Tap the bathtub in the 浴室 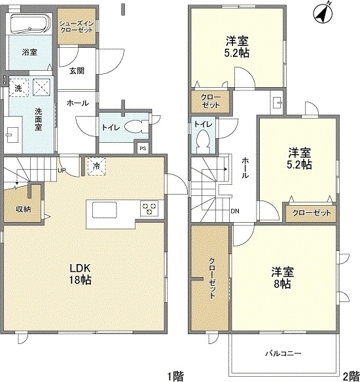pos(29,26)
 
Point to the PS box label pos(143,149)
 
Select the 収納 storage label pos(23,210)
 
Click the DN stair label pos(234,212)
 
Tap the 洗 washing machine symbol pos(18,86)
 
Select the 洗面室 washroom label pos(39,119)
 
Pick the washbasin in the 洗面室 pos(12,135)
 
